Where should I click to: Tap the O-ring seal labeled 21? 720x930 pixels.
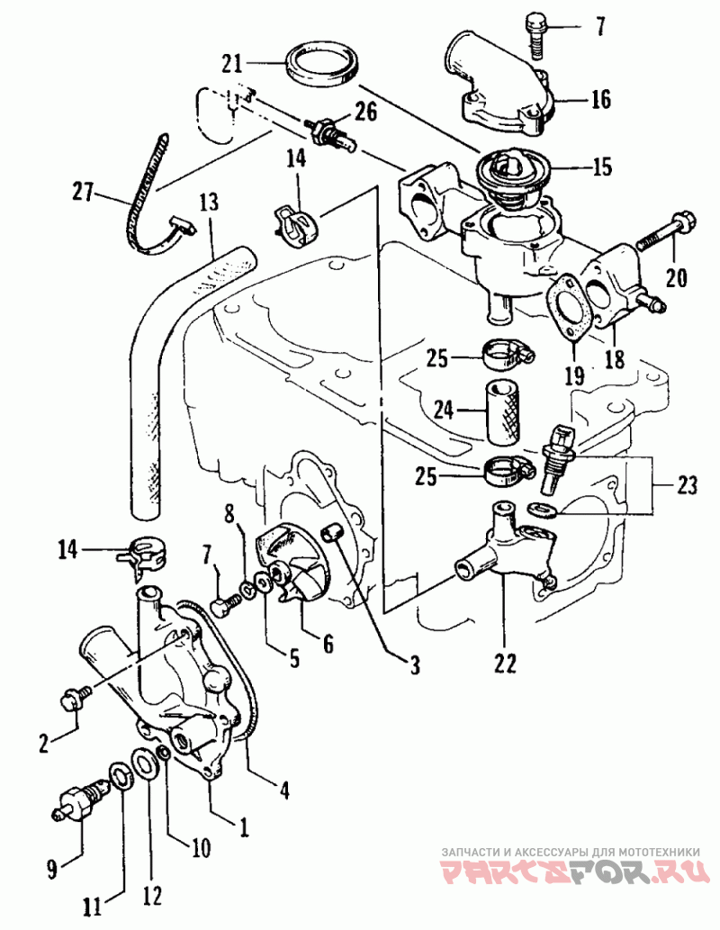[325, 66]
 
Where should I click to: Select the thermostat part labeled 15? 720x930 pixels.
[511, 171]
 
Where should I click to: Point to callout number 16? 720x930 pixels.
[601, 98]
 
